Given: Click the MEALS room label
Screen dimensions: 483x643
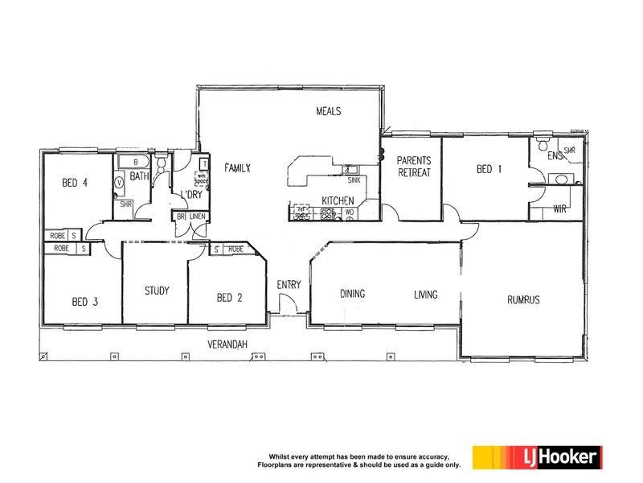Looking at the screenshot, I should pos(329,111).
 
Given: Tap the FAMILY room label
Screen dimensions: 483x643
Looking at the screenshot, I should pos(238,168).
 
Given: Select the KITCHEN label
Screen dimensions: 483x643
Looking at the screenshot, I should pos(338,200).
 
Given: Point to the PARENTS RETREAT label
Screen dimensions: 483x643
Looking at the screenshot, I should pos(414,167).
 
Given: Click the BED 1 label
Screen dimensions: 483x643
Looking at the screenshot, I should pos(489,169).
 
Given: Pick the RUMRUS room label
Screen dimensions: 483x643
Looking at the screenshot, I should pos(522,299).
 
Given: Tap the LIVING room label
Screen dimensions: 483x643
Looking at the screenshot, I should pos(425,295).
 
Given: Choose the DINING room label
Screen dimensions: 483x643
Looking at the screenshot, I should pos(352,295).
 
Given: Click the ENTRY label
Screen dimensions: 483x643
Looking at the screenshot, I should pos(289,285).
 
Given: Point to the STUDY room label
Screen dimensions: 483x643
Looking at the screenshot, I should pos(157,291).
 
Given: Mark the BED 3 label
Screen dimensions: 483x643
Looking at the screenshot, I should pos(84,302).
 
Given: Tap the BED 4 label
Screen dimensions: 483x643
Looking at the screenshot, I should pos(74,183).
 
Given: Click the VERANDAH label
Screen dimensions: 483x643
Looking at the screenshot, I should pos(227,345).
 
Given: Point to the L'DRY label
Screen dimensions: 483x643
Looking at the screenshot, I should pos(190,196).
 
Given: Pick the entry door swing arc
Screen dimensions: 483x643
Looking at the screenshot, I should pos(284,303).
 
